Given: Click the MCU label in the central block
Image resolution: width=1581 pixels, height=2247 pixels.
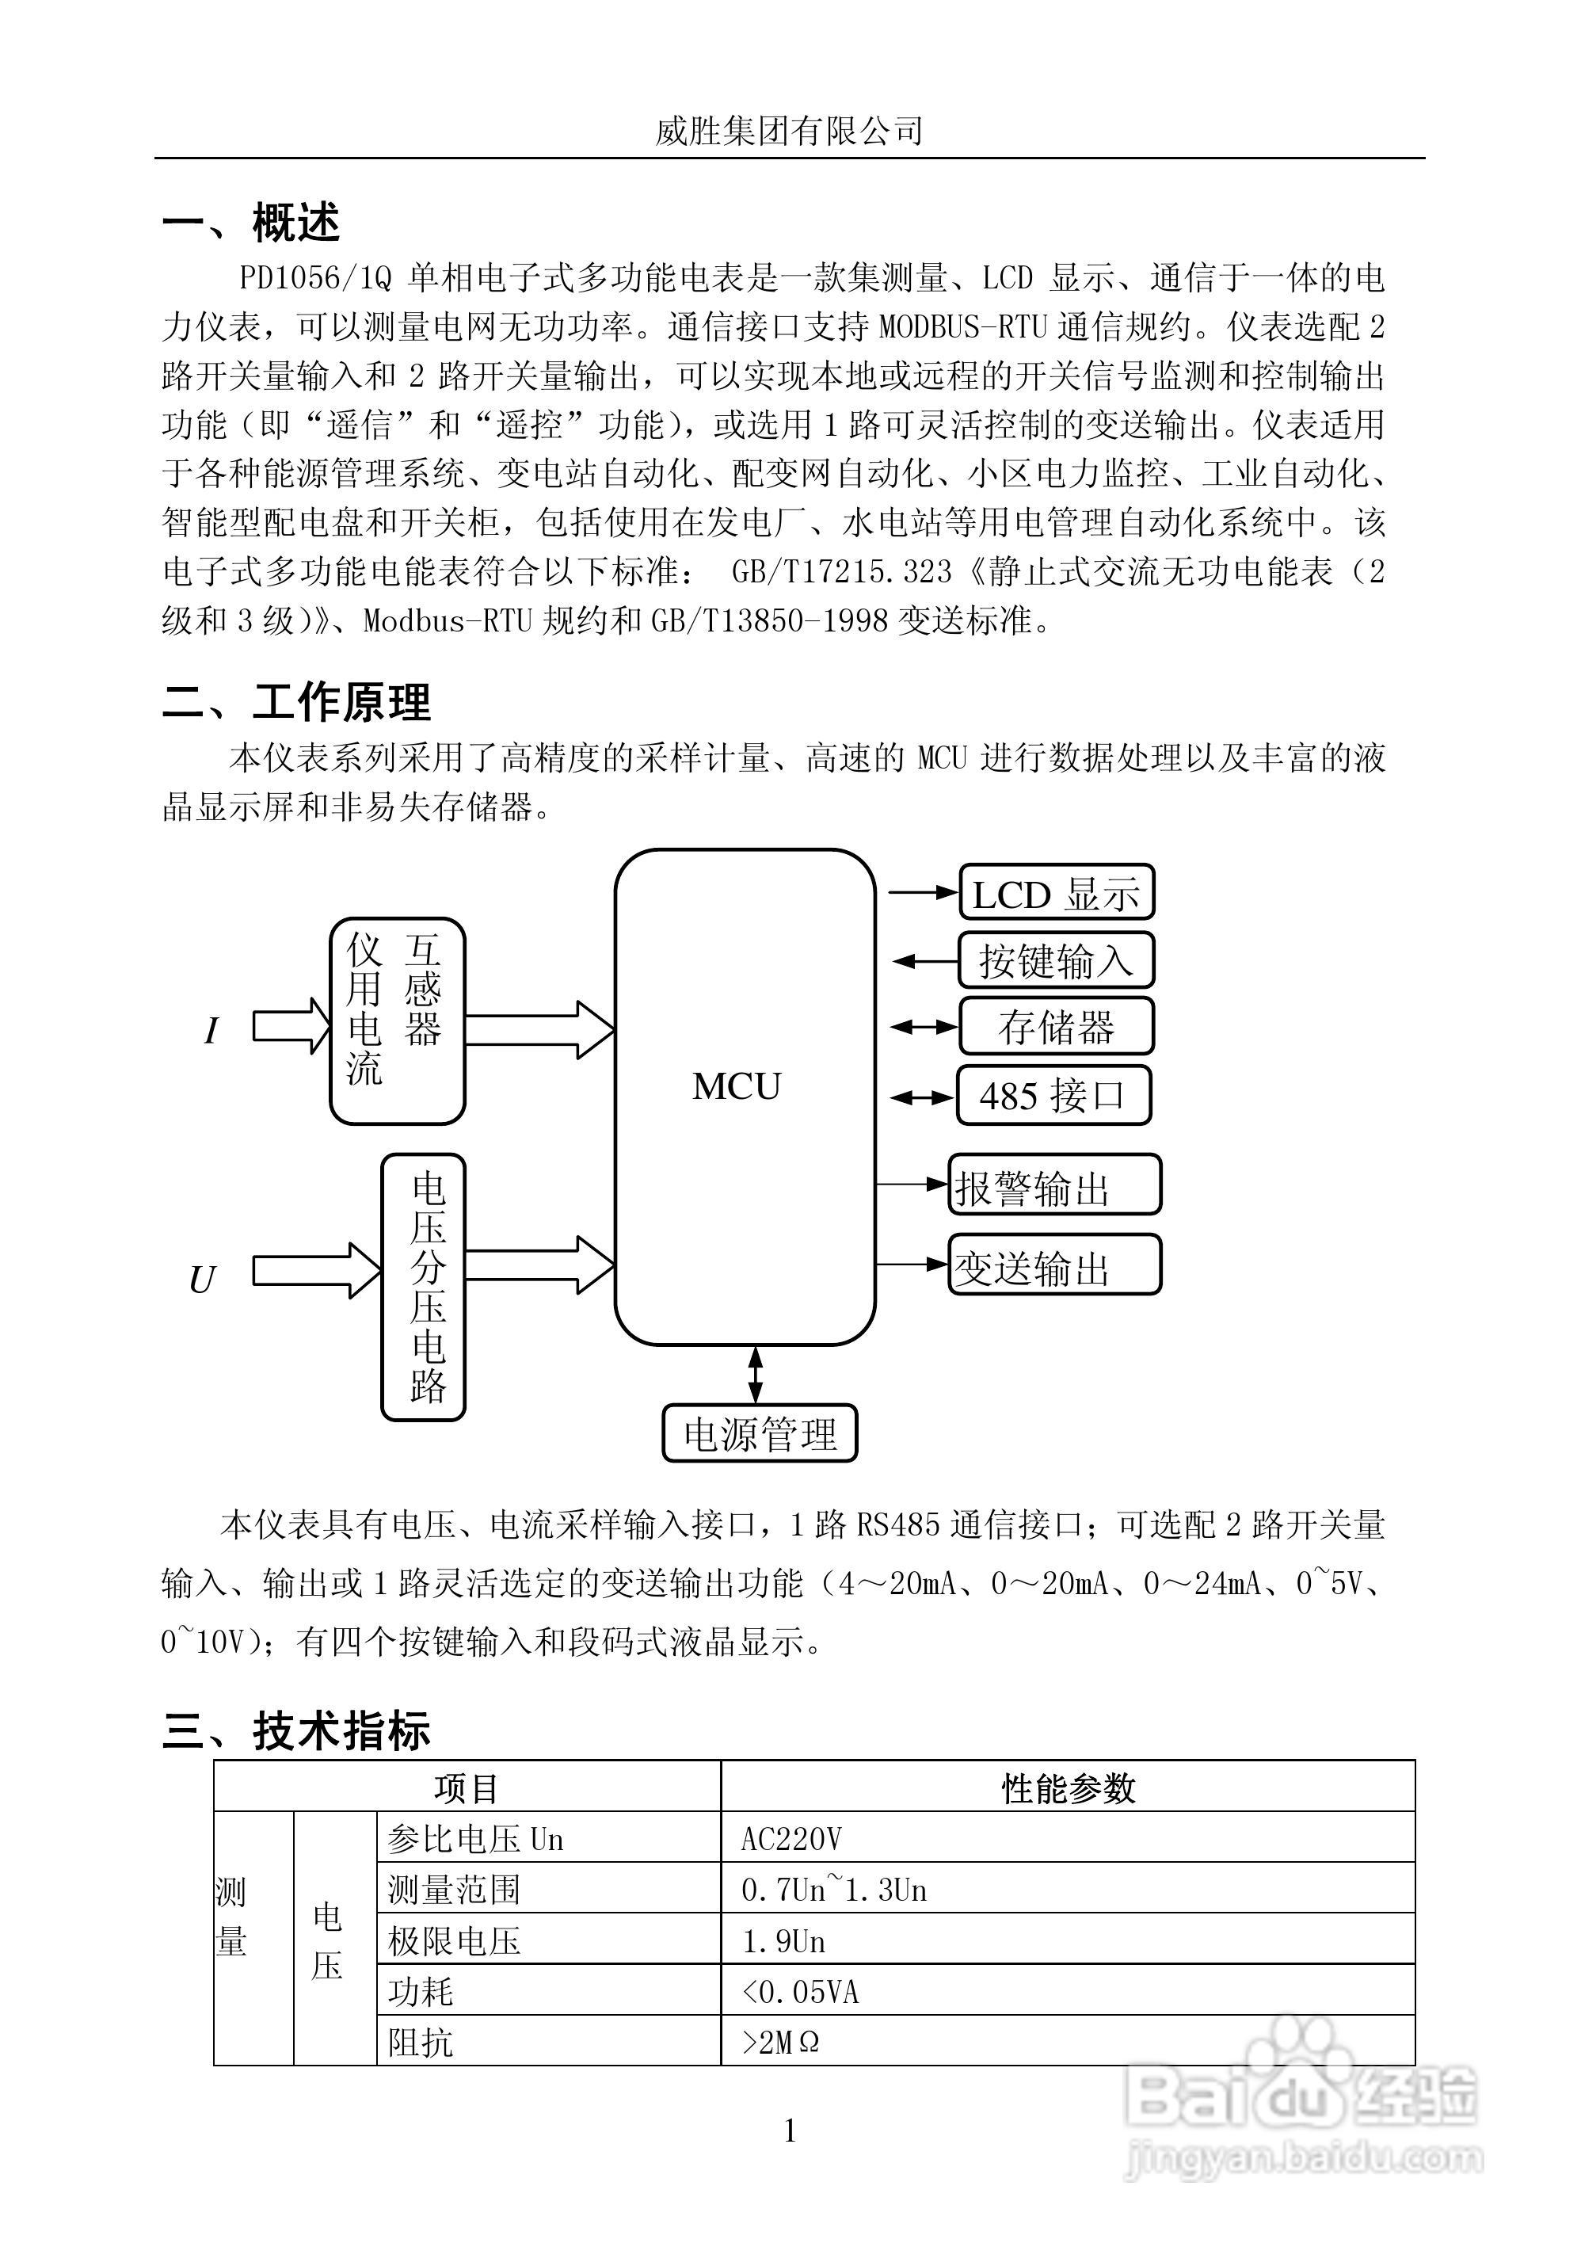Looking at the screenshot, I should point(736,1086).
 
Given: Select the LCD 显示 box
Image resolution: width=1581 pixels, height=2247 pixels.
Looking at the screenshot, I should point(1056,892).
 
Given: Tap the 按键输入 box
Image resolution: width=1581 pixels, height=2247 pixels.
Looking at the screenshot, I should point(1056,960).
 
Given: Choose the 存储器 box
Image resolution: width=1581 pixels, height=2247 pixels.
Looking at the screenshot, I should point(1056,1027).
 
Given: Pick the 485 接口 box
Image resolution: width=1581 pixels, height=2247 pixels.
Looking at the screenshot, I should point(1053,1095).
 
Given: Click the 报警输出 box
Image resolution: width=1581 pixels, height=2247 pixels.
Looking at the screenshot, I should point(1053,1185).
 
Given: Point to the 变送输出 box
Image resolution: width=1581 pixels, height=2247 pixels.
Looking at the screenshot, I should point(1053,1265).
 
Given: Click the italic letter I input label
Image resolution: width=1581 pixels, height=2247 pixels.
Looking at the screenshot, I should point(211,1031).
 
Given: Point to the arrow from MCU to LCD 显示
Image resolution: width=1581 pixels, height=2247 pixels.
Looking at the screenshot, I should point(922,892).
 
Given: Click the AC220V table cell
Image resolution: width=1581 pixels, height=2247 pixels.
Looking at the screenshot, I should point(791,1839).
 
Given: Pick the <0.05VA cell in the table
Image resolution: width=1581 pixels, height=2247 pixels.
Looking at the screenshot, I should point(800,1992).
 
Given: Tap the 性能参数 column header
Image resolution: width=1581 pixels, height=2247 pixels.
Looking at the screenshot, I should point(1068,1788).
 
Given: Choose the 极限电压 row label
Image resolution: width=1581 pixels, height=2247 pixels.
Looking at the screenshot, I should point(454,1940).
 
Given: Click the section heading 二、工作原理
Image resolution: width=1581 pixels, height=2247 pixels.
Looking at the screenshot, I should point(296,702).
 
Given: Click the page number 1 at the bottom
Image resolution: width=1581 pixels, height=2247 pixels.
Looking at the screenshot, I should point(790,2131).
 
